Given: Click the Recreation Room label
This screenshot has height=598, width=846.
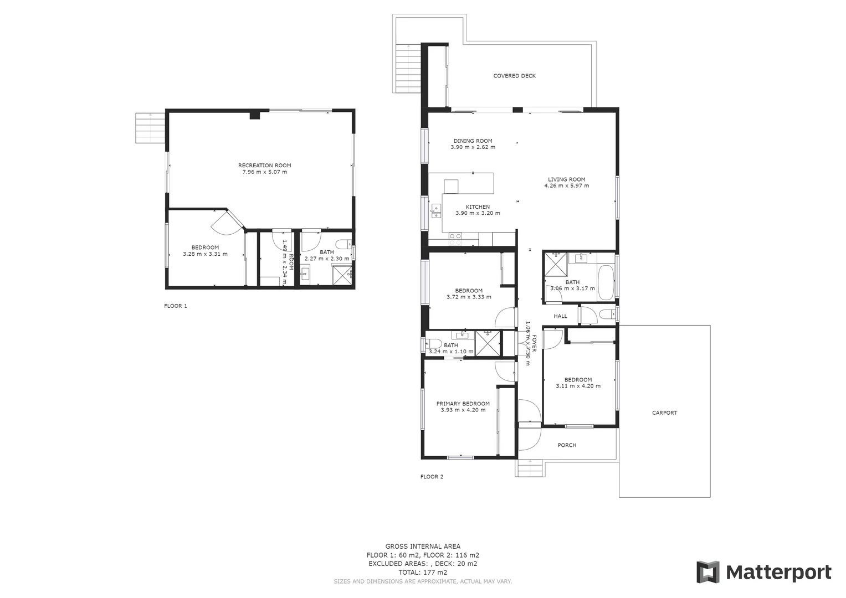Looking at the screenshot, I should point(264,165).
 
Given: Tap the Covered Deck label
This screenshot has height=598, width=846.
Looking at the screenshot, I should point(514,76).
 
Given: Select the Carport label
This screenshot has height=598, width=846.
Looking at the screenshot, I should point(664,413).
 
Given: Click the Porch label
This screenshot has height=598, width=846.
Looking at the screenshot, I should point(567,445).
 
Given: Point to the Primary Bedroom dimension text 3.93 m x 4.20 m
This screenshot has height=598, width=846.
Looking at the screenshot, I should point(463,410).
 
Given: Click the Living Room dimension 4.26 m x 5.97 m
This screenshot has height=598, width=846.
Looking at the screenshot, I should point(566,185).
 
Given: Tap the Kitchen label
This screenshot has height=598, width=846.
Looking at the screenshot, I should point(477,207).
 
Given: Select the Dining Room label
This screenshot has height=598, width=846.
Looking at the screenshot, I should point(473,141).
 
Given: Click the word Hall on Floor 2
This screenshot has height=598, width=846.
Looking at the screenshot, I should point(561,316).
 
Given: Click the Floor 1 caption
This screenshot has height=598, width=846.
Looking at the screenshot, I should point(176,306).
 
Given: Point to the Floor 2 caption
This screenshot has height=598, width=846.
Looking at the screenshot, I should point(432,477).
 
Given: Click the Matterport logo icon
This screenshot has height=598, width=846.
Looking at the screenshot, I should point(707,572).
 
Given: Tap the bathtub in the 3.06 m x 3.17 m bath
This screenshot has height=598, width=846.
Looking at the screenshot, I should point(606,282).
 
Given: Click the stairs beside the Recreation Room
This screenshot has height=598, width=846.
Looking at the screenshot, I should point(150,128).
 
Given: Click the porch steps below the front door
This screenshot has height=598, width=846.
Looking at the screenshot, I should point(529,468).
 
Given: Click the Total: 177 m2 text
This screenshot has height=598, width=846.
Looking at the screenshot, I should point(422,573).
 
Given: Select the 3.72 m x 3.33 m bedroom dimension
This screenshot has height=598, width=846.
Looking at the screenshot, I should point(468,297).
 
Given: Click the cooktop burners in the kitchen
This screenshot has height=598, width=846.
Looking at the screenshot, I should point(455,239).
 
